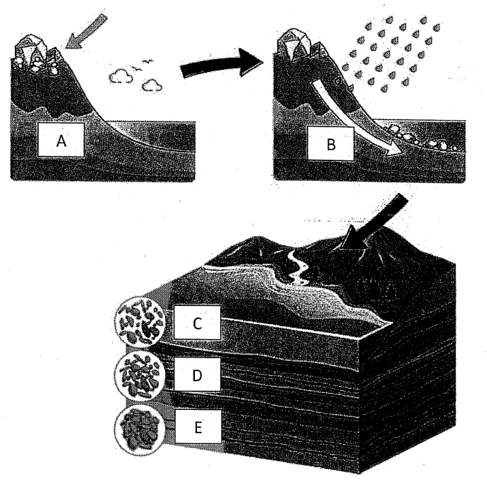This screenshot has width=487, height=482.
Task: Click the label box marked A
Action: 61,140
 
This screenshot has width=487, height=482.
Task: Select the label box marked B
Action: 331,144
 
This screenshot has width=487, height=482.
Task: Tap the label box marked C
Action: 197,322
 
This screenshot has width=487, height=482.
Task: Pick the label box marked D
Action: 197,375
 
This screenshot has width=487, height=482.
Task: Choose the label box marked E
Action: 198,426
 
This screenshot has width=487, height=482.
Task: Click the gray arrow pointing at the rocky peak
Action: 86,31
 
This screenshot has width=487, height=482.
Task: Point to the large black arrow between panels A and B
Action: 221,64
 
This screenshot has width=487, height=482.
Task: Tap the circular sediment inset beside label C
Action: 139,322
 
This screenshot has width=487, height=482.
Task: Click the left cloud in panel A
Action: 120,76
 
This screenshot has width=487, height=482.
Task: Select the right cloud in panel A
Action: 152,85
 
